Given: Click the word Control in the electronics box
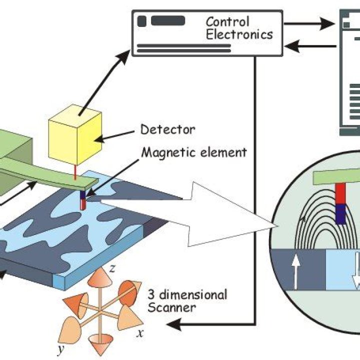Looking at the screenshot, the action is (227, 21).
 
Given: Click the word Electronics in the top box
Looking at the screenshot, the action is (239, 34).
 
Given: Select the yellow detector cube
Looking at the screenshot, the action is (75, 135).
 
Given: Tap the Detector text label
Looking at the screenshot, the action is (168, 129).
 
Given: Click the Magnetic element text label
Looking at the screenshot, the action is (194, 152).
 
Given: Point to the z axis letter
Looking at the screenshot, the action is (112, 268).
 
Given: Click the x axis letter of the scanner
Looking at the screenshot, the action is (140, 332).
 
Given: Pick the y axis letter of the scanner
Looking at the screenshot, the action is (60, 349).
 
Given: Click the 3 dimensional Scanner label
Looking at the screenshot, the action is (187, 301).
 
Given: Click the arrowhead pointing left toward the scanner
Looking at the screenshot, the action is (174, 324).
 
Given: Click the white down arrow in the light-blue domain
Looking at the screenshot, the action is (357, 270).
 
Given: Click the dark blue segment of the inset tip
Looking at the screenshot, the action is (340, 214).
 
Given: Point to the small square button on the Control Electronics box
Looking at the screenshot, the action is (141, 21).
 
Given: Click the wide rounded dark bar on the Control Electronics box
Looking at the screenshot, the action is (168, 20).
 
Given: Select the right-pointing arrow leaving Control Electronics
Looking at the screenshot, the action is (309, 23).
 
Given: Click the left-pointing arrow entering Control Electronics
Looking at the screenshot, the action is (310, 46).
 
